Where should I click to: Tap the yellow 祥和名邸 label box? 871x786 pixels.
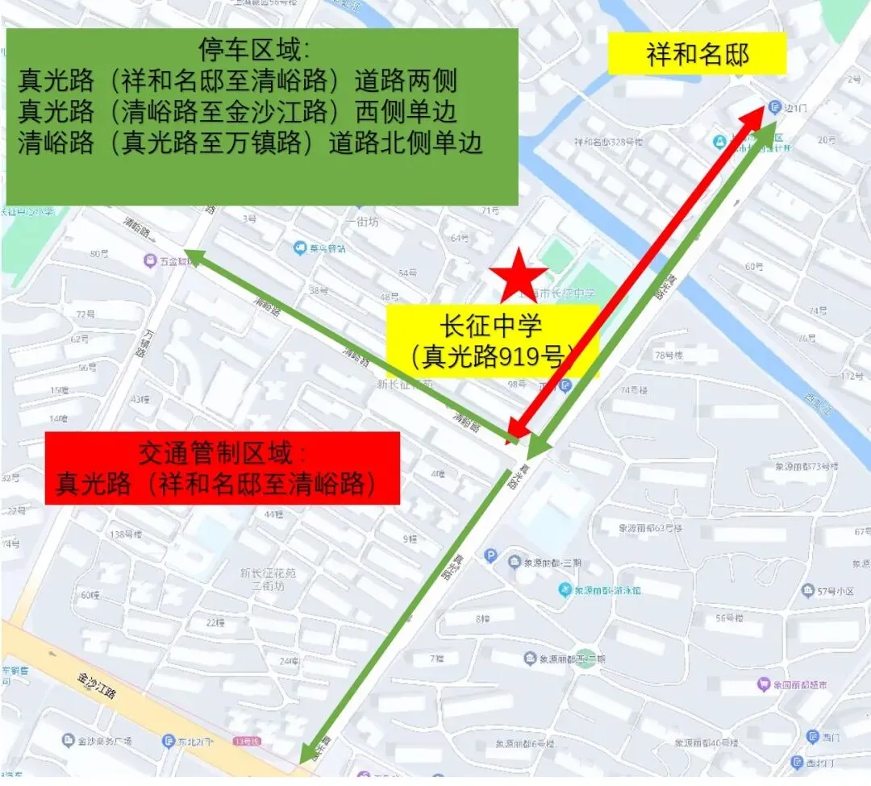697,54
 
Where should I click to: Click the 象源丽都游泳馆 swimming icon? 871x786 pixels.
566,590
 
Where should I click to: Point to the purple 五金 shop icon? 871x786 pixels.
150,260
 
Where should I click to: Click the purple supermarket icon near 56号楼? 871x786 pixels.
763,685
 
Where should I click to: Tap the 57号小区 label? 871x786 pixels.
835,592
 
